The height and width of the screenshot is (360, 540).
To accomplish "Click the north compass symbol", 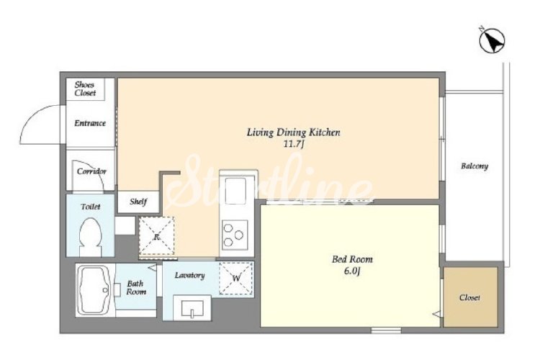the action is tap(492, 40).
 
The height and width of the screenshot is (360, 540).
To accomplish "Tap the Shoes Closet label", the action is tap(85, 89).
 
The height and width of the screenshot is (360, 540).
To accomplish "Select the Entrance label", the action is tap(90, 123).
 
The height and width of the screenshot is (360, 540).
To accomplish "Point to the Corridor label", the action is tap(91, 171).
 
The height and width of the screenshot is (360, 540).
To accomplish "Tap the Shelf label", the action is tap(138, 202).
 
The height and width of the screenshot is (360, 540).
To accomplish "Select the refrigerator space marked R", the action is tap(157, 236).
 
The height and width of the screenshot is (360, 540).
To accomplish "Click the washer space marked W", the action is tap(236, 278).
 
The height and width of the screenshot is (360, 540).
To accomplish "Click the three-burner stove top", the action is tap(235, 235).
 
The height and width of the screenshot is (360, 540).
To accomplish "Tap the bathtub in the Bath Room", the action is tap(94, 290).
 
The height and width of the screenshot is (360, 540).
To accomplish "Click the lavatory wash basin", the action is tap(192, 307).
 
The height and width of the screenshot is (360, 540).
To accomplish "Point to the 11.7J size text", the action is tap(294, 145).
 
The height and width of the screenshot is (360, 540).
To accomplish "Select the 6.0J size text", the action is tap(351, 271).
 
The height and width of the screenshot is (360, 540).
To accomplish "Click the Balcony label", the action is tap(474, 166).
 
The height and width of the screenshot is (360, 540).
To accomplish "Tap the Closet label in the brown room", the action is tap(469, 297).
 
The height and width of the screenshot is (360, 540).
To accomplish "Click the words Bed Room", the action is tap(352, 259).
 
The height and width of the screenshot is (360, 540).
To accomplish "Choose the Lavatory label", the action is tap(189, 275).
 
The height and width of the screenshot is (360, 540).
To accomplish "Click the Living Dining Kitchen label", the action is tap(294, 132).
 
